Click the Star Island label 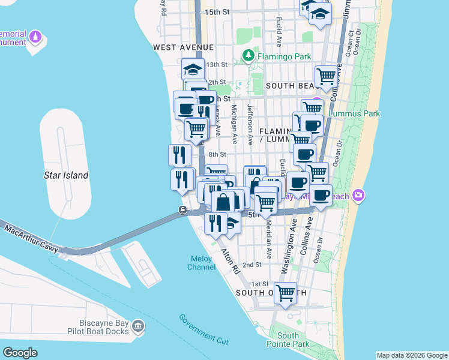click(67, 176)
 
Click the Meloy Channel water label click(201, 263)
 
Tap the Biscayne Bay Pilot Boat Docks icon click(138, 326)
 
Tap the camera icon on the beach click(359, 194)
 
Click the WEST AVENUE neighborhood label click(183, 47)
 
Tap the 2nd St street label click(252, 264)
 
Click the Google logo click(20, 353)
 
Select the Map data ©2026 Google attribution click(412, 355)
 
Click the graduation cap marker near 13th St click(193, 68)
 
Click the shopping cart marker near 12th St click(326, 77)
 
